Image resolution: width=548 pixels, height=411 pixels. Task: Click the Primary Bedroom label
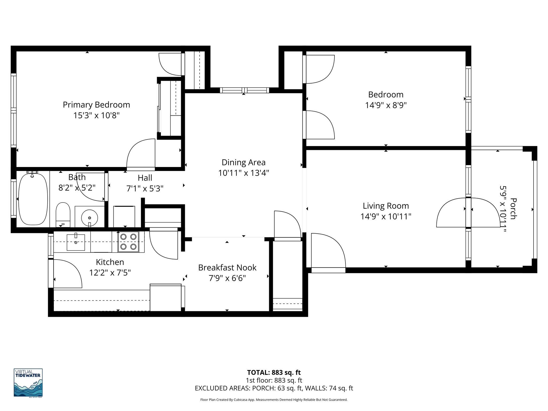pyautogui.click(x=96, y=105)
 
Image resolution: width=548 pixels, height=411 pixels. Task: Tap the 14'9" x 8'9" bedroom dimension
pyautogui.click(x=386, y=105)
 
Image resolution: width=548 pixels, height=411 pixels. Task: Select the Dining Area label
pyautogui.click(x=243, y=162)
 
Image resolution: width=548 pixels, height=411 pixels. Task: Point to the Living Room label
pyautogui.click(x=386, y=206)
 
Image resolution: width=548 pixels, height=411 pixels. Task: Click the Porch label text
pyautogui.click(x=513, y=209)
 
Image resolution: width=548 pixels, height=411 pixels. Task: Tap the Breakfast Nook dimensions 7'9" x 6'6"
pyautogui.click(x=227, y=279)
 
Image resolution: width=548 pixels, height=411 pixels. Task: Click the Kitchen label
pyautogui.click(x=110, y=262)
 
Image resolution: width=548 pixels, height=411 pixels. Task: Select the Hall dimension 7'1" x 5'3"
pyautogui.click(x=145, y=189)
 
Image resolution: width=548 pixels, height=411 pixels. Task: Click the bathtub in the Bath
pyautogui.click(x=33, y=199)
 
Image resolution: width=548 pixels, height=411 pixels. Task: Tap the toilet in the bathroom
pyautogui.click(x=63, y=214)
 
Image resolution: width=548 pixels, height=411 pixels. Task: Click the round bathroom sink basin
pyautogui.click(x=89, y=216)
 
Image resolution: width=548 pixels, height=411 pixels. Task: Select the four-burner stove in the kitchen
pyautogui.click(x=128, y=242)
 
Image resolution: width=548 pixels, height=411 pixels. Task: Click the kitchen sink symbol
pyautogui.click(x=76, y=242)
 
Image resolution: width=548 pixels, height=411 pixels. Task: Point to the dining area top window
pyautogui.click(x=244, y=90)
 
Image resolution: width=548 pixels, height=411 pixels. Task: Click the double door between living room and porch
pyautogui.click(x=468, y=213)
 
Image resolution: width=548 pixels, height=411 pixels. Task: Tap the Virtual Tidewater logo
pyautogui.click(x=28, y=383)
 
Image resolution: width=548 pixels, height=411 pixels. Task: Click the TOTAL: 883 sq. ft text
pyautogui.click(x=274, y=372)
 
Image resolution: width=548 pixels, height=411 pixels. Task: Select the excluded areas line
pyautogui.click(x=274, y=388)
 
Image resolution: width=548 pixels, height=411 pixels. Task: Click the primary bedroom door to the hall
pyautogui.click(x=141, y=155)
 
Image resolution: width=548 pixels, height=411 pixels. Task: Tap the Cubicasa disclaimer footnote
pyautogui.click(x=274, y=400)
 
